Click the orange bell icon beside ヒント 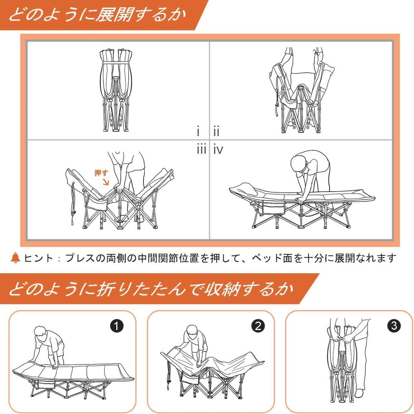[16, 257]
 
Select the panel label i [198, 132]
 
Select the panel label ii [216, 132]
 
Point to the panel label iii [201, 150]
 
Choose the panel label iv [218, 150]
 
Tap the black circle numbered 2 [258, 326]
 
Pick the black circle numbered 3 [394, 326]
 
